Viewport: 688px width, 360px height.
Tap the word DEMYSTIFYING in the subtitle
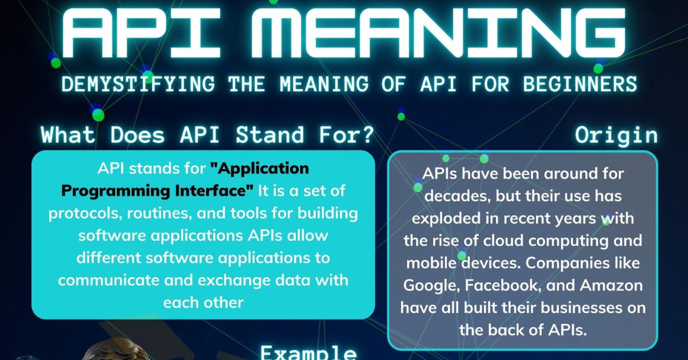coord(138,84)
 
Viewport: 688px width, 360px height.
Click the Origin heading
coord(616,135)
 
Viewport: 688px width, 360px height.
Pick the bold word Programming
coord(112,189)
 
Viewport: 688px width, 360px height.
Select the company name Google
coord(431,285)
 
